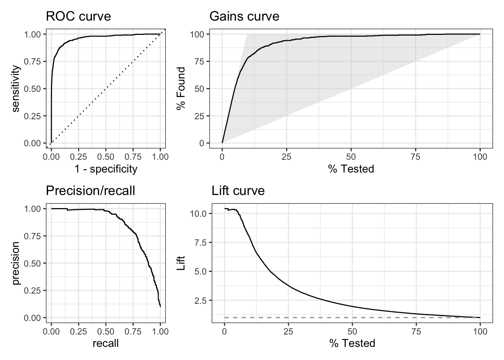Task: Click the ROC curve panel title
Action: pos(78,16)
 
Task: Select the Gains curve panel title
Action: pos(244,16)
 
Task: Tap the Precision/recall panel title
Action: pos(90,191)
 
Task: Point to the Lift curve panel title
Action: pos(238,191)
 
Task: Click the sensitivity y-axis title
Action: pos(16,88)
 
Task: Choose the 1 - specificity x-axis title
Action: pos(106,169)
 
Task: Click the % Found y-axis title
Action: pos(181,88)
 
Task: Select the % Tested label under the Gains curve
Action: pos(351,169)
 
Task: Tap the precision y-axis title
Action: pos(16,263)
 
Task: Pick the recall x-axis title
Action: pos(106,343)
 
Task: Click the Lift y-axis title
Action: pos(181,263)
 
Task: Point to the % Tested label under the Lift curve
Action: pos(352,343)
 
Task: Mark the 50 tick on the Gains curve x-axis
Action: pos(351,157)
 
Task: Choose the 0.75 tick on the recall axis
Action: pos(133,331)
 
